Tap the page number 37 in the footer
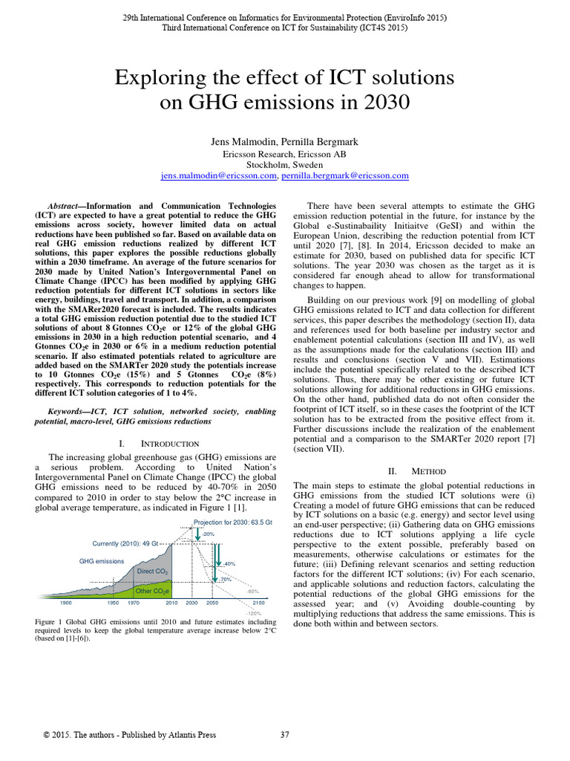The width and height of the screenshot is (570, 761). [284, 735]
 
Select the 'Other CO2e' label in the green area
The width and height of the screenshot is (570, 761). [153, 591]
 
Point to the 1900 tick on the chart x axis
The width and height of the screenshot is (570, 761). [65, 603]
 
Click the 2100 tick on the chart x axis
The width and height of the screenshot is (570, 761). [258, 603]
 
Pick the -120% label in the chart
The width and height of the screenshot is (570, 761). [255, 613]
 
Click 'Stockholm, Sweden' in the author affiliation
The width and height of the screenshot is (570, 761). [285, 165]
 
